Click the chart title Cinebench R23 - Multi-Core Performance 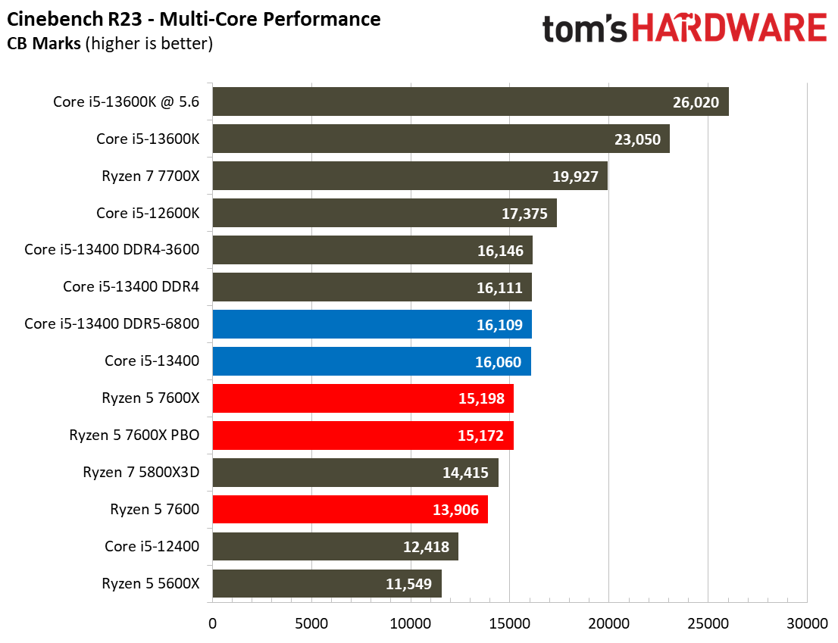pos(195,19)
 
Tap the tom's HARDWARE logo pos(684,29)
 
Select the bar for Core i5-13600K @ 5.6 pos(470,101)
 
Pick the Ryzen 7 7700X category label pos(150,176)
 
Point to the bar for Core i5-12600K pos(384,213)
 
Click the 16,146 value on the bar pos(500,251)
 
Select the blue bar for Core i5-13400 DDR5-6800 pos(371,324)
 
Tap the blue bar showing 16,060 pos(371,361)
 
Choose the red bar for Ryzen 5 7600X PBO pos(363,435)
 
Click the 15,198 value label pos(482,398)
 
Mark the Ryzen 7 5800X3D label pos(141,473)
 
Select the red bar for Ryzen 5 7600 pos(350,510)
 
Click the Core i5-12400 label pos(152,547)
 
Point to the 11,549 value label pos(409,584)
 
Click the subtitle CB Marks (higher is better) pos(110,44)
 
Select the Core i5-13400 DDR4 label pos(131,287)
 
